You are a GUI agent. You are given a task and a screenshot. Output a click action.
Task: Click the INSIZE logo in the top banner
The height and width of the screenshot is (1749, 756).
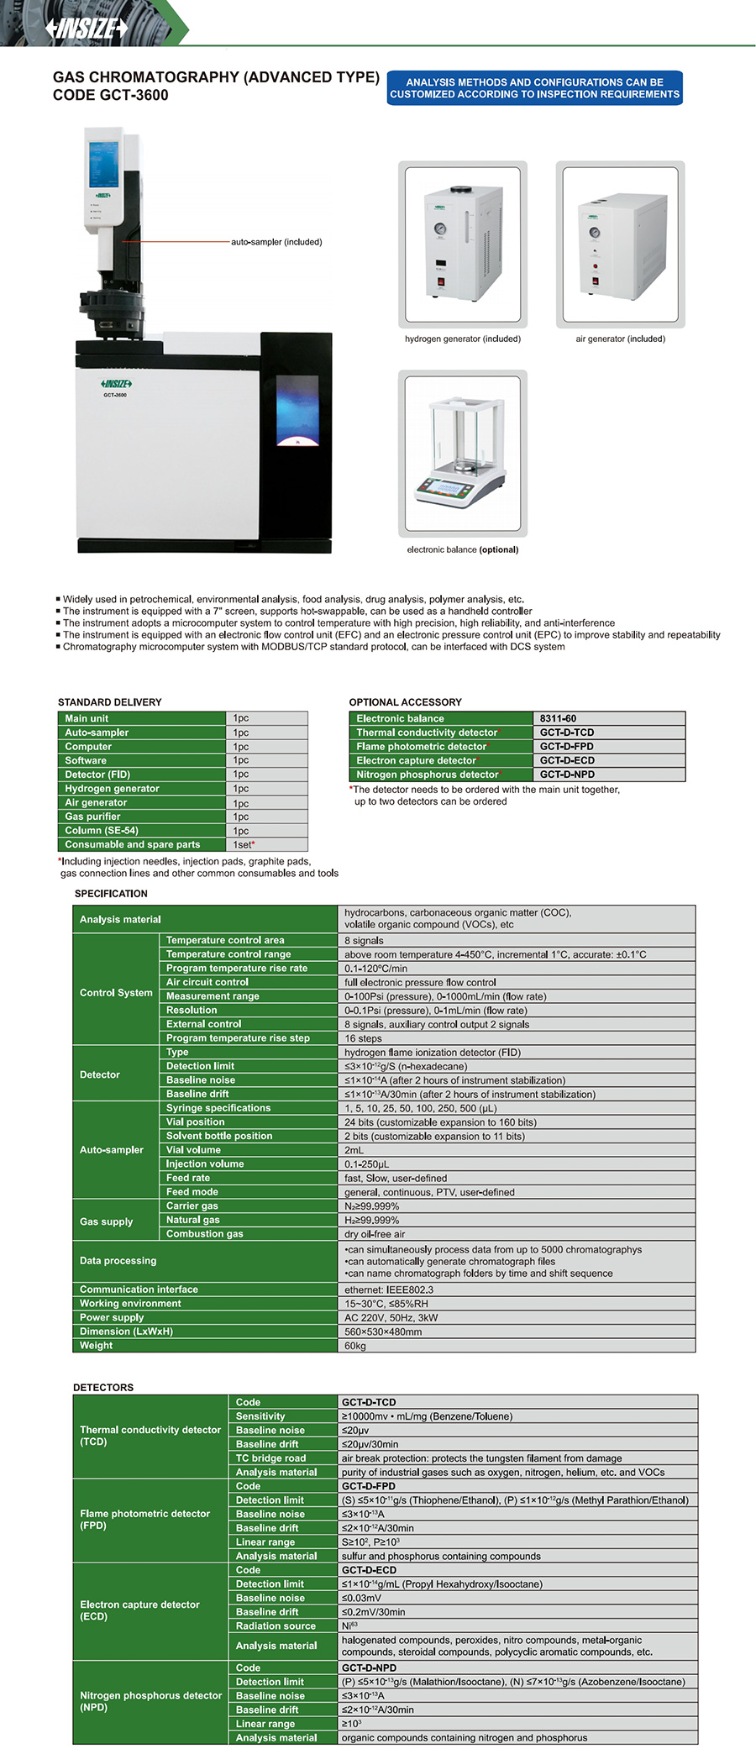tap(87, 28)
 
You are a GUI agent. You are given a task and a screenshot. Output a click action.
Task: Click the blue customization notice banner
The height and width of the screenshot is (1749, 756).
tap(534, 88)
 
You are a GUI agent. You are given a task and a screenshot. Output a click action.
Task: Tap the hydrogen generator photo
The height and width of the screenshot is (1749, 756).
tap(462, 244)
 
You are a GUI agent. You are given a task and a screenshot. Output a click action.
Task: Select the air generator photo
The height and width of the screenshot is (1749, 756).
tap(620, 244)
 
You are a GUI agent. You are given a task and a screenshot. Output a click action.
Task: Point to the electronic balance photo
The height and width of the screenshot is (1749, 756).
tap(462, 454)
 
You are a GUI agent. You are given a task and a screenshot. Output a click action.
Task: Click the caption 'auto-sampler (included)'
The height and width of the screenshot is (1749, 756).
tap(276, 242)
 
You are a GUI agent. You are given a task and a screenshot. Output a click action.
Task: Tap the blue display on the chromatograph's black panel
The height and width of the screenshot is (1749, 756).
tap(297, 410)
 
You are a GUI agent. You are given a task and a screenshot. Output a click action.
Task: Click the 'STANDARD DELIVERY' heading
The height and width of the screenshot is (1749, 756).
tap(109, 702)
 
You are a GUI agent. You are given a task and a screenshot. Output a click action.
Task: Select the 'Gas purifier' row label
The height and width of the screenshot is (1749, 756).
tap(93, 817)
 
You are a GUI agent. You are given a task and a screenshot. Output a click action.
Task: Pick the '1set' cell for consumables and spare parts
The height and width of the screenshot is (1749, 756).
tap(244, 844)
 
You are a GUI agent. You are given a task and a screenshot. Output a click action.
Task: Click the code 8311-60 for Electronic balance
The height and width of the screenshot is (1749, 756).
tap(558, 718)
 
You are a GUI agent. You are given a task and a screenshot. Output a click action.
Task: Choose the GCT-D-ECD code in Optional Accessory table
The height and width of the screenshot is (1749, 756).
tap(567, 760)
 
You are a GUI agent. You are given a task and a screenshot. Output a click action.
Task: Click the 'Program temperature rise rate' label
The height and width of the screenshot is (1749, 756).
tap(237, 968)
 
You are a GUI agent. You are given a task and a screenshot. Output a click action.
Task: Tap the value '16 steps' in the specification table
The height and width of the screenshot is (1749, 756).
tap(363, 1038)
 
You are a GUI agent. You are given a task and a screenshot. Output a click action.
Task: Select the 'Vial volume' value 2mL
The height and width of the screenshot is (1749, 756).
tap(354, 1150)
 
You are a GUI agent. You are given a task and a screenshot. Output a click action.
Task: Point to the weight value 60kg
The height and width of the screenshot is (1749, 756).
tap(354, 1346)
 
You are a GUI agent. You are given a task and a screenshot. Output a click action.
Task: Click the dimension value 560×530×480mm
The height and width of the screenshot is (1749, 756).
tap(383, 1331)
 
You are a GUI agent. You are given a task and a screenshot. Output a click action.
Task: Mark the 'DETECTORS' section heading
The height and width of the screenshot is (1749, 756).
tap(103, 1388)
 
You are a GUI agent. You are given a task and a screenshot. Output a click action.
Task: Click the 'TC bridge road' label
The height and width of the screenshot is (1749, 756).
tap(270, 1458)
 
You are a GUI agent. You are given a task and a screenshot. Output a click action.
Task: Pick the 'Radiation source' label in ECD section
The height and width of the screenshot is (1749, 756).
tap(276, 1626)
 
